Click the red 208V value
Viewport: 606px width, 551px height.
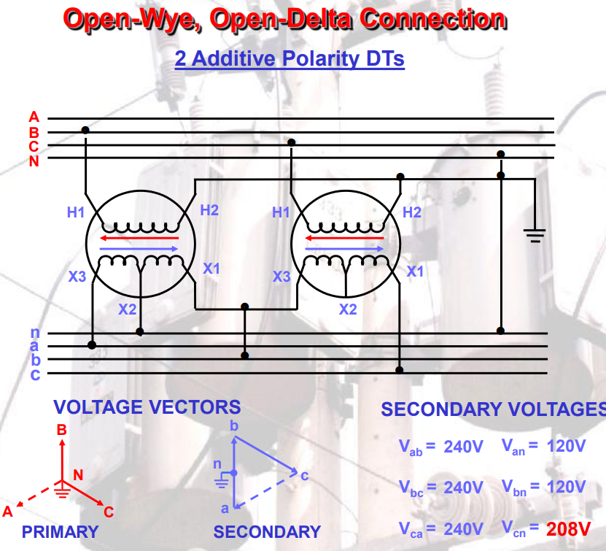[x=567, y=528]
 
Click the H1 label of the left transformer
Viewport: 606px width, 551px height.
[x=76, y=212]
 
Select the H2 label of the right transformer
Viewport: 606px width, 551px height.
[x=412, y=212]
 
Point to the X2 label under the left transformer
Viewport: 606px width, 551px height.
[x=128, y=309]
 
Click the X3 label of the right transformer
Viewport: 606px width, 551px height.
[x=281, y=277]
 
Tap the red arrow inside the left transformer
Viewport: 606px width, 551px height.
[x=139, y=238]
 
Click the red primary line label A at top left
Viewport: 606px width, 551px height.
[x=34, y=117]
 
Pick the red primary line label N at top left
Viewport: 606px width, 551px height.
[x=34, y=161]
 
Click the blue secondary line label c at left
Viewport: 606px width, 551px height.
[x=34, y=374]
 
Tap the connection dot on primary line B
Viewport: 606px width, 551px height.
[x=85, y=130]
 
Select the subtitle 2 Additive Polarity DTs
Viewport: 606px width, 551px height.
[x=290, y=58]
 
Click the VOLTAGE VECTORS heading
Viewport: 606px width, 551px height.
[x=147, y=407]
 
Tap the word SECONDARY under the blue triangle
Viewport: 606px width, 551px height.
[x=267, y=532]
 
